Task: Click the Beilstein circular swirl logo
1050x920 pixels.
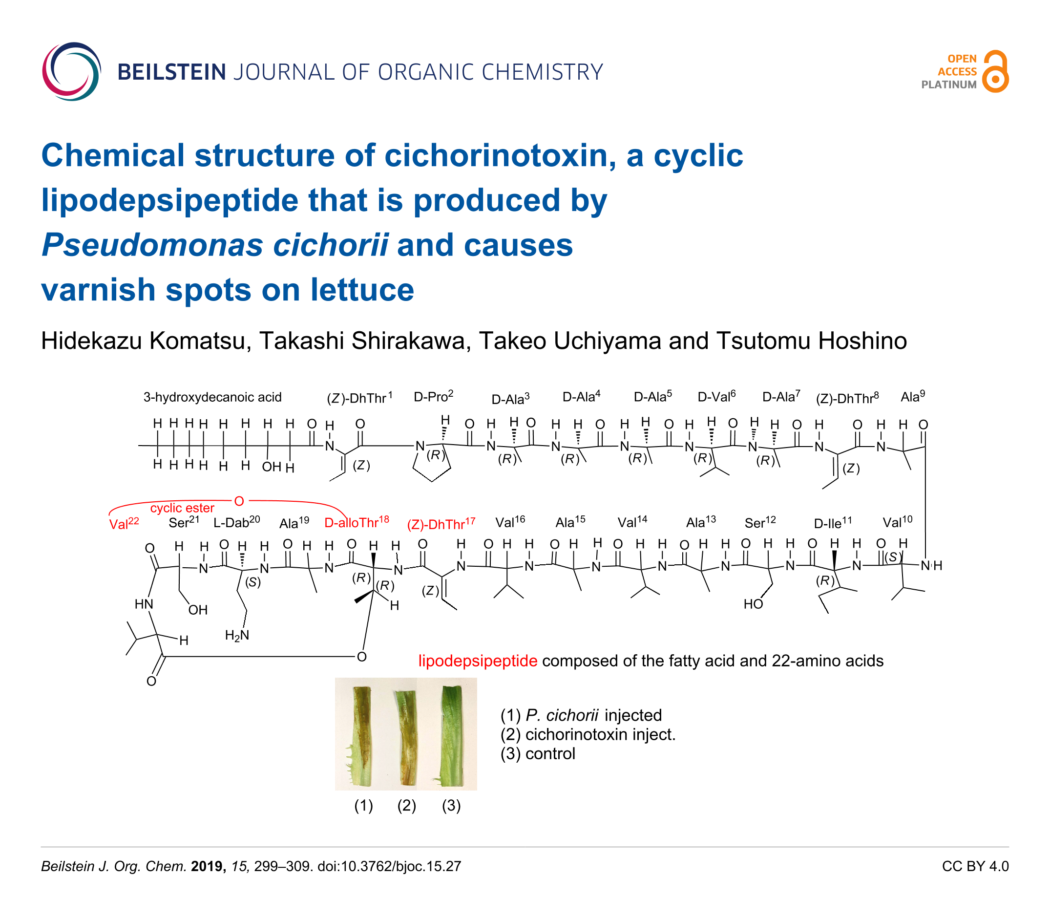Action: coord(71,71)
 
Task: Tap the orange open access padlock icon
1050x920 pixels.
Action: coord(995,72)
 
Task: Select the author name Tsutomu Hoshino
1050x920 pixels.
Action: coord(811,341)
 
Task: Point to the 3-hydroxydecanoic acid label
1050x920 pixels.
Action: coord(212,397)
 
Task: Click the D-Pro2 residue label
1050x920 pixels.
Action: coord(433,397)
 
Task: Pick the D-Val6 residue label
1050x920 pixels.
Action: coord(716,397)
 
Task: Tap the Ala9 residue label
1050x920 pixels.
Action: coord(912,397)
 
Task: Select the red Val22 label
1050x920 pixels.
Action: coord(124,524)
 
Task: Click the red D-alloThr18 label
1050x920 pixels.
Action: coord(357,523)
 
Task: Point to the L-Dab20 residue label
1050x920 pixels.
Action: coord(236,523)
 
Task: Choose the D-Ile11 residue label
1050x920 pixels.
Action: coord(832,523)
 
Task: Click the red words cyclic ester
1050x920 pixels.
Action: coord(182,508)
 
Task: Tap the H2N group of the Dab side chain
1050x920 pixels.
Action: coord(236,636)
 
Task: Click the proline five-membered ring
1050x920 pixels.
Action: coord(432,464)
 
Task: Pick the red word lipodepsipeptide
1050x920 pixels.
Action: coord(478,661)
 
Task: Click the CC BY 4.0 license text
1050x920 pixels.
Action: coord(975,867)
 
